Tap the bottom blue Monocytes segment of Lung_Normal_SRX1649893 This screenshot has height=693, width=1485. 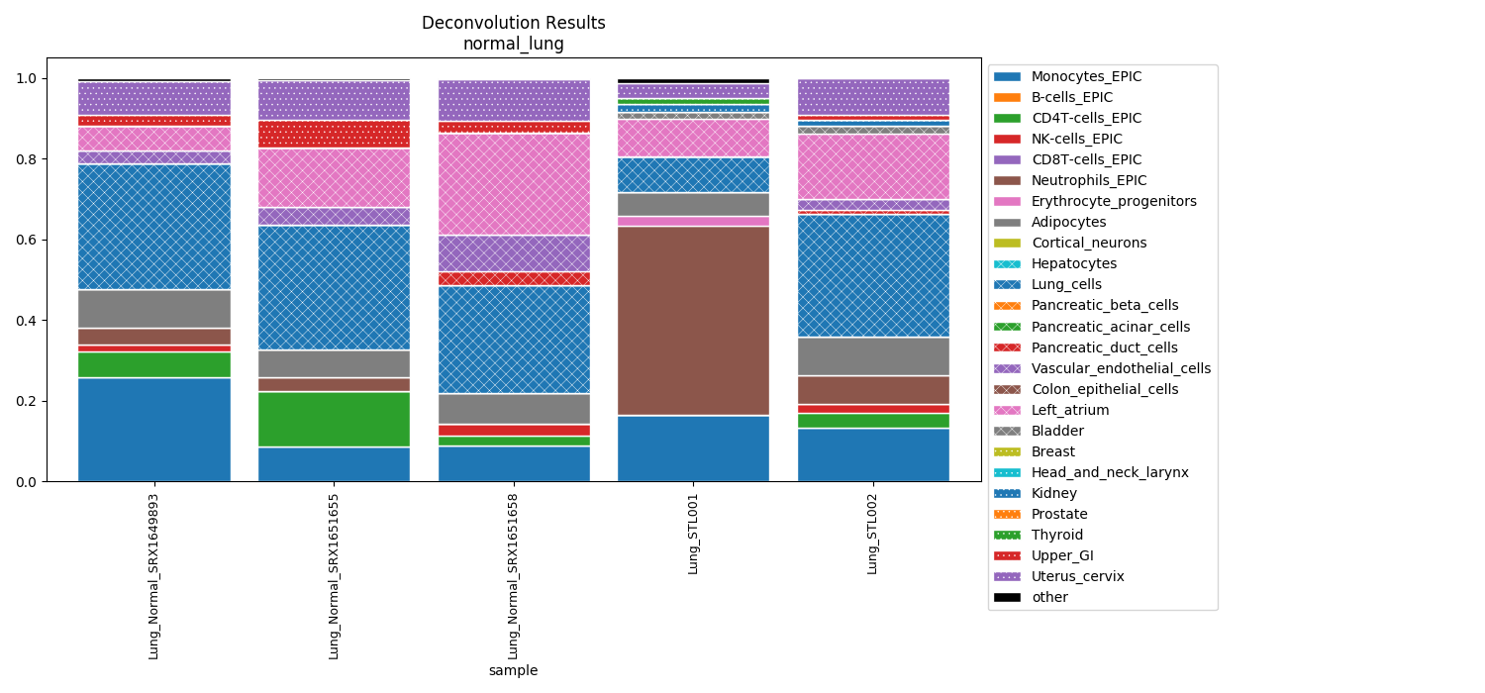coord(154,430)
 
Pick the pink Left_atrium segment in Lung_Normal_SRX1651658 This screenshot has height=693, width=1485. coord(514,184)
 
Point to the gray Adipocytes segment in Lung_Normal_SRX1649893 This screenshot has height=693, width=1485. coord(154,309)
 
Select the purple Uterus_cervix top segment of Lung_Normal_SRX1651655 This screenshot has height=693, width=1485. coord(334,100)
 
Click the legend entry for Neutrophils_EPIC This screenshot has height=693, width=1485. coord(1088,180)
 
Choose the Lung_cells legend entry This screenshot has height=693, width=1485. coord(1066,284)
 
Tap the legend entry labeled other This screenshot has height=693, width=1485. coord(1049,597)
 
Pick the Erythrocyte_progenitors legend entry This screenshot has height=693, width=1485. coord(1113,201)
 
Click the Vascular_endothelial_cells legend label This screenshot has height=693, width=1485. coord(1120,368)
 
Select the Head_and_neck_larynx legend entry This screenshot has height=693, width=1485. coord(1109,472)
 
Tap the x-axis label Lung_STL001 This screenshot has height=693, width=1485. coord(693,533)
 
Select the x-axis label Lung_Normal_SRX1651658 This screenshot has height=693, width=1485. coord(514,575)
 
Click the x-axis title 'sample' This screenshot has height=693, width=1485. coord(513,670)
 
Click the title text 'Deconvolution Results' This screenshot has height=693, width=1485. coord(513,23)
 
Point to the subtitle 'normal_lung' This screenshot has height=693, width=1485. coord(513,44)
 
